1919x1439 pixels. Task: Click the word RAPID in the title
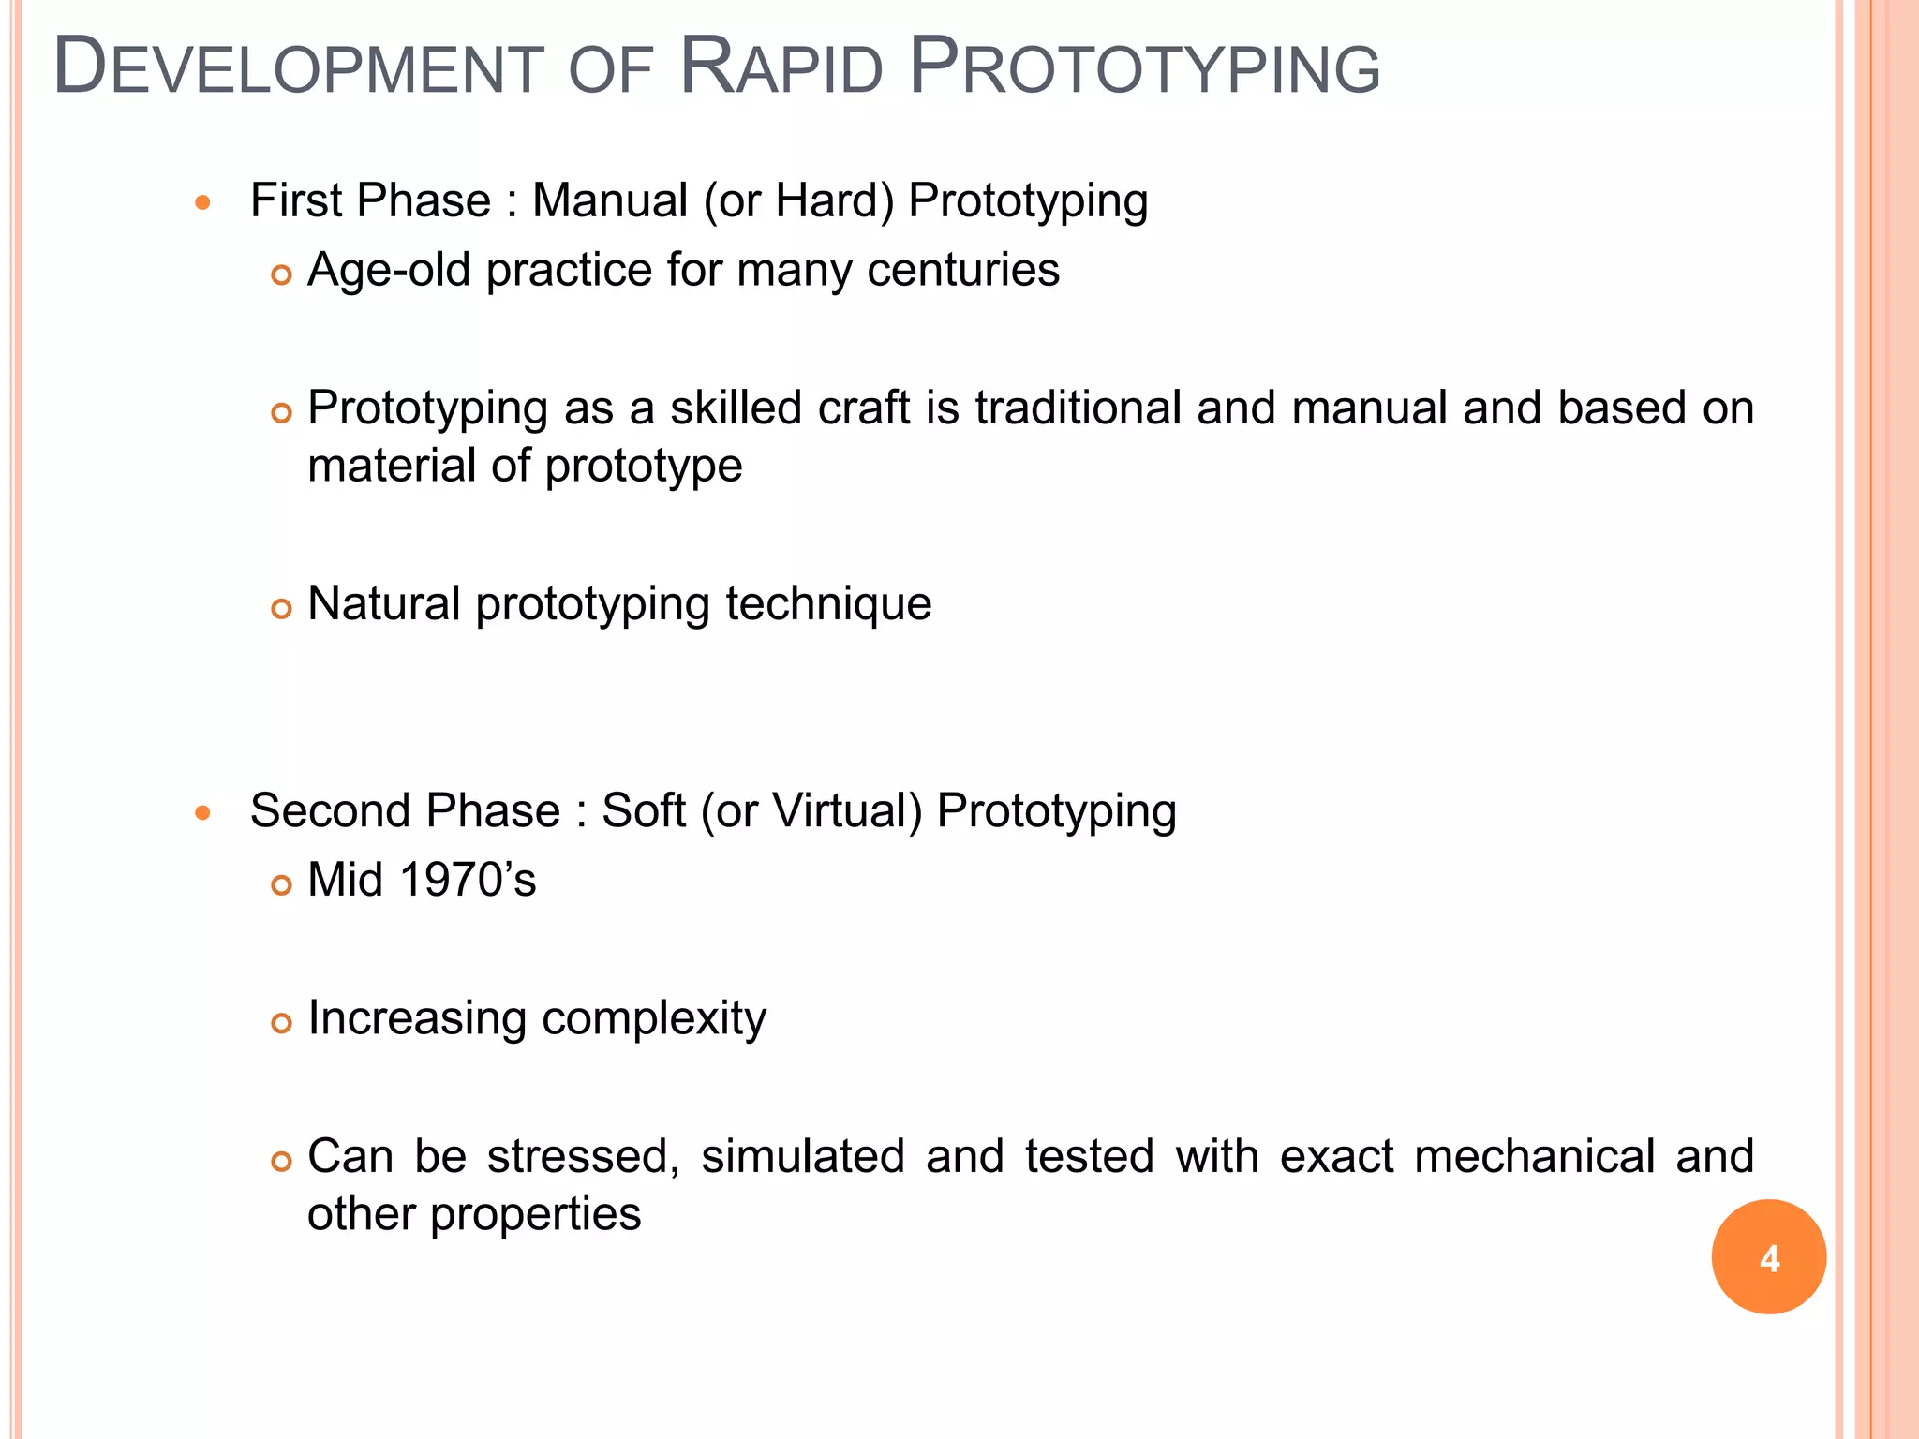point(781,67)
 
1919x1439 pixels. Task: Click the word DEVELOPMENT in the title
point(298,67)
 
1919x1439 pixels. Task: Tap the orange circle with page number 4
point(1768,1256)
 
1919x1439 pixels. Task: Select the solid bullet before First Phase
point(202,202)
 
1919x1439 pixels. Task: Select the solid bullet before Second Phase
point(202,812)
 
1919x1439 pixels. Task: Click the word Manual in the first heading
point(610,200)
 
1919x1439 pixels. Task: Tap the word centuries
point(963,270)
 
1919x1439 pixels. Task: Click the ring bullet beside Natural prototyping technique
point(281,609)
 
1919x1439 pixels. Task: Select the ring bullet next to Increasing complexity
point(281,1023)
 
